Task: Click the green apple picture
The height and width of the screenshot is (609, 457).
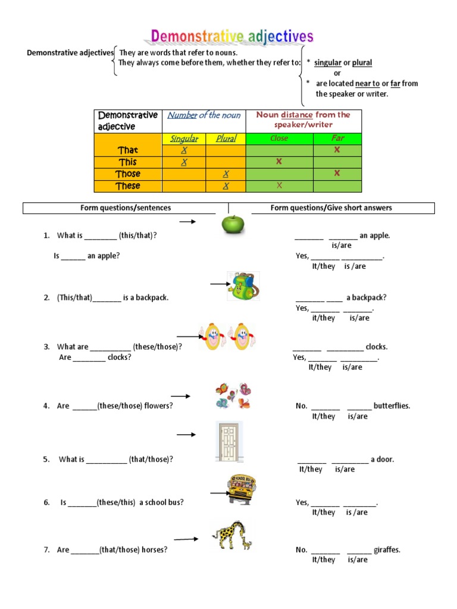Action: click(233, 224)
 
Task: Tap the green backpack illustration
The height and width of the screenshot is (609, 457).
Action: click(241, 285)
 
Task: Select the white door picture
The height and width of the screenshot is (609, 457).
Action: click(228, 441)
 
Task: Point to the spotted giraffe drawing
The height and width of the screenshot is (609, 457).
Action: click(232, 535)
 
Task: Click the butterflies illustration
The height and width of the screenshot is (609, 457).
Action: click(233, 395)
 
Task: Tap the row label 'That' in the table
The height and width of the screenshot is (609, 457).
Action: click(128, 150)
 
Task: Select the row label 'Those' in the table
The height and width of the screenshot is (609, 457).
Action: click(128, 174)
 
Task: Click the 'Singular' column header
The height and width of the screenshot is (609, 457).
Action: click(184, 139)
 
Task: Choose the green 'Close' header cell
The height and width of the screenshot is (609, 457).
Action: click(278, 139)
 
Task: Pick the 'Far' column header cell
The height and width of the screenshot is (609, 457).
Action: click(337, 139)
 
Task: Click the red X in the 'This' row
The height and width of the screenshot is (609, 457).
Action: click(278, 162)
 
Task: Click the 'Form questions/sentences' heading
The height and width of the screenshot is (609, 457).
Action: click(126, 208)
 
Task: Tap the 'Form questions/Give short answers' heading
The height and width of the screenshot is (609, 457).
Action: click(331, 208)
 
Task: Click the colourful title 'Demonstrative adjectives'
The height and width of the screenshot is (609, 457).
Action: click(232, 37)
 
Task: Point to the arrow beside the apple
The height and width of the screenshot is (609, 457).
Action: click(188, 222)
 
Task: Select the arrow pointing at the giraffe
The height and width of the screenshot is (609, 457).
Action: click(186, 539)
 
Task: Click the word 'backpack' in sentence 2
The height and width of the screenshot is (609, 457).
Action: click(152, 297)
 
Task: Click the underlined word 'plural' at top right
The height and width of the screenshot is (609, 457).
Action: click(362, 62)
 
